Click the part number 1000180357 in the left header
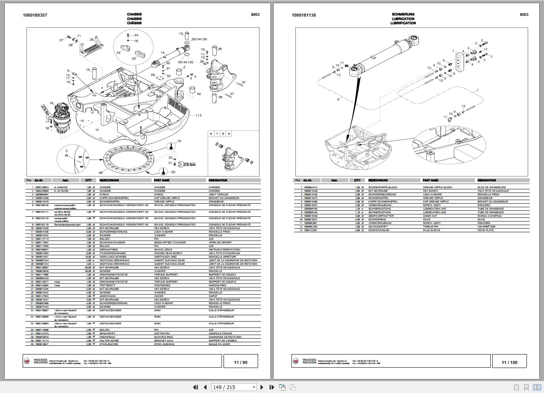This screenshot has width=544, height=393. [35, 15]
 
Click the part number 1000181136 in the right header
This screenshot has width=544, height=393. [304, 15]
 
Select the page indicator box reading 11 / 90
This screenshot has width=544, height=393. [240, 362]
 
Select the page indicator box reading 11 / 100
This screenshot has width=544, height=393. [509, 362]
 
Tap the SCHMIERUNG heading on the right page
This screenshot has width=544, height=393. [403, 14]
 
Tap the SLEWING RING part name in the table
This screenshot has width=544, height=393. [164, 337]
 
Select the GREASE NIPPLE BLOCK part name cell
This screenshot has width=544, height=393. [438, 187]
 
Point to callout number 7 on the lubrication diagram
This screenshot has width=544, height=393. [477, 90]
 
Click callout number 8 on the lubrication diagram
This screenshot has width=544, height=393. [338, 99]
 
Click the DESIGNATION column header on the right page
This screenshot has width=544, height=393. [487, 180]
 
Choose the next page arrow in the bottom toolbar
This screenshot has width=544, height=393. [262, 387]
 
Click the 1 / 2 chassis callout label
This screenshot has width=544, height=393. [198, 115]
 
